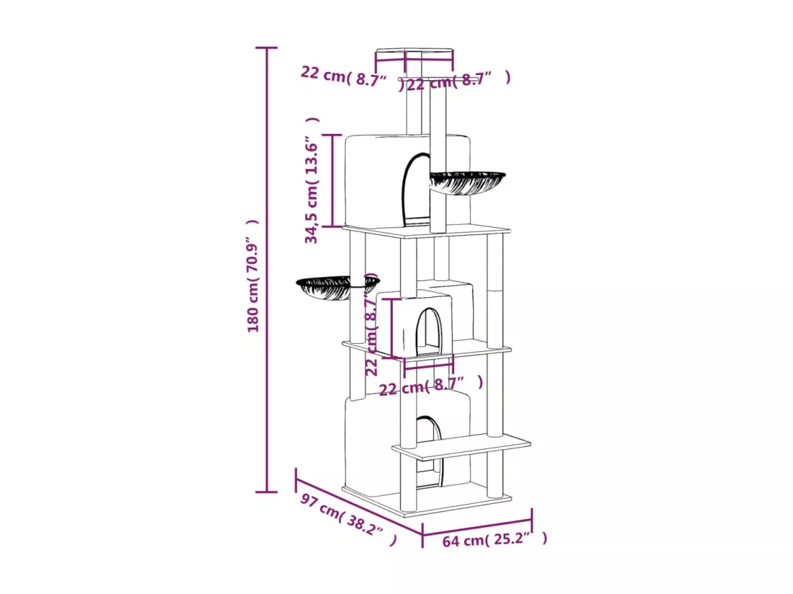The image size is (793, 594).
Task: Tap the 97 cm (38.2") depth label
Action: point(348,520)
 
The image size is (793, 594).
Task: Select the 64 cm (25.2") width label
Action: point(495,539)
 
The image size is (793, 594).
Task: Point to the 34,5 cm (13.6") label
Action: point(312,180)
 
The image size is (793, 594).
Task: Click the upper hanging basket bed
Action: point(467,182)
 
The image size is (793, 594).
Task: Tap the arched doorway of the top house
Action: point(416,191)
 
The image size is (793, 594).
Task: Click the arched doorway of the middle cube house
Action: point(429,332)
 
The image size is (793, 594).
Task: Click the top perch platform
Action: point(415,55)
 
